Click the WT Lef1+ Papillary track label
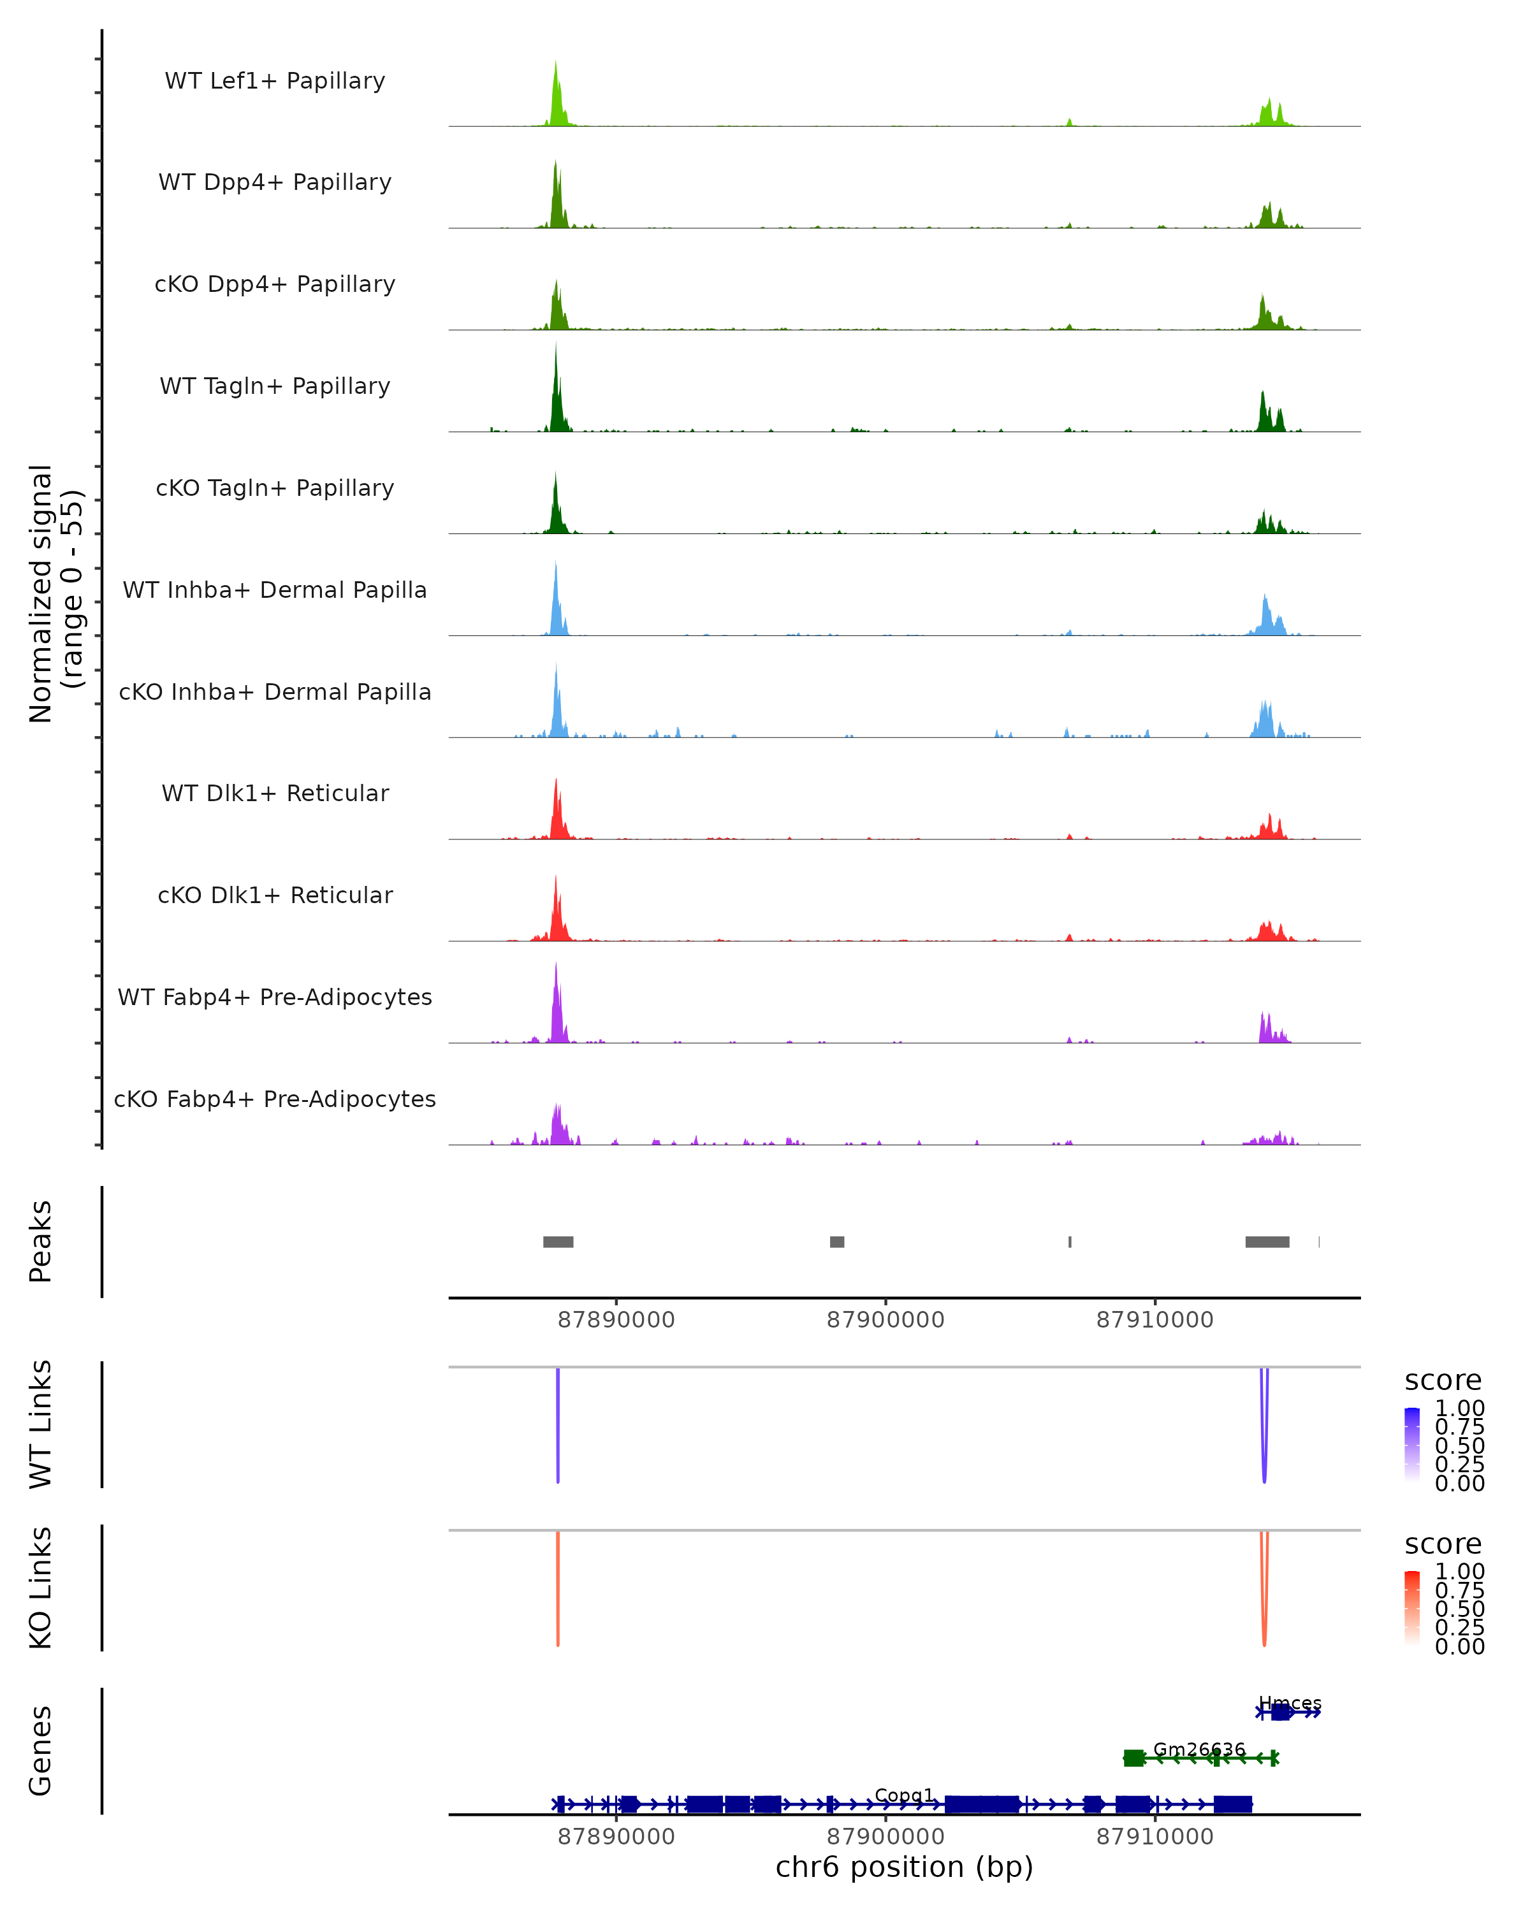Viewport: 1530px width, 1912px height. point(275,81)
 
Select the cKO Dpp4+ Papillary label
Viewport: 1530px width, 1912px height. point(275,285)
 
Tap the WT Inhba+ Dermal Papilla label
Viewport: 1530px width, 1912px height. point(275,591)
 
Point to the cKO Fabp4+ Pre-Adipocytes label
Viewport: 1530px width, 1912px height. point(275,1099)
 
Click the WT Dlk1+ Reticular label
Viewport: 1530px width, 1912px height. point(275,793)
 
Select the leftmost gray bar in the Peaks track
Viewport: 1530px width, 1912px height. point(558,1242)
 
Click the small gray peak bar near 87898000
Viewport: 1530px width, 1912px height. point(836,1242)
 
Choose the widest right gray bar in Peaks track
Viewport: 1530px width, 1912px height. point(1267,1242)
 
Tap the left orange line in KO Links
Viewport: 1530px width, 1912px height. point(558,1588)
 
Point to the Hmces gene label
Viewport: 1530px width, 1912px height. point(1290,1704)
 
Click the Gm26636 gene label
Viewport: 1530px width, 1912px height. point(1199,1749)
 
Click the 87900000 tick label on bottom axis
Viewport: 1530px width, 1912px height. point(885,1837)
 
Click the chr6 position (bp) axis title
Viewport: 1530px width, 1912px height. point(904,1867)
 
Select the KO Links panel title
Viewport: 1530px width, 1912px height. point(41,1588)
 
